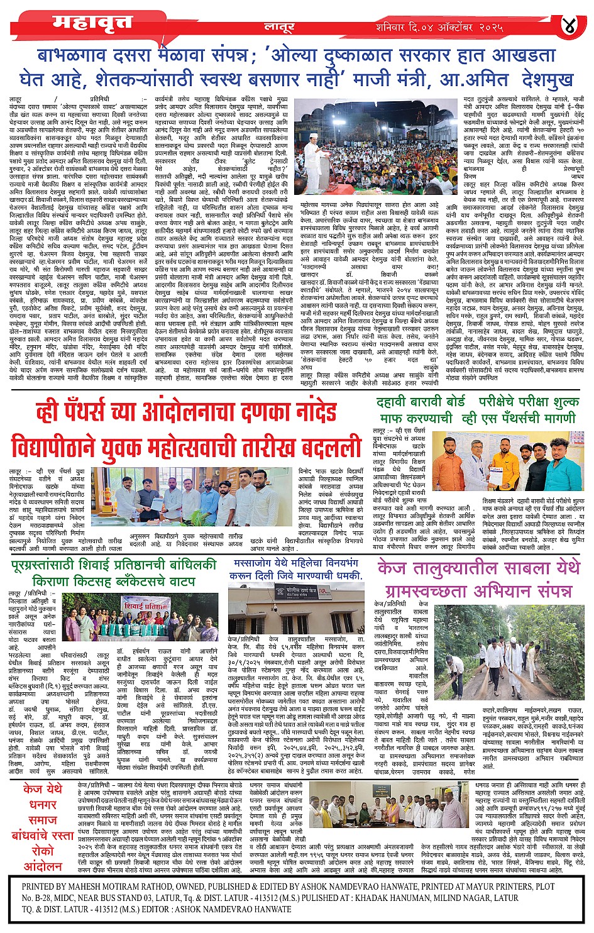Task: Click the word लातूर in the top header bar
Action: [279, 28]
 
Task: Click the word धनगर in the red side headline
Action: [43, 805]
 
